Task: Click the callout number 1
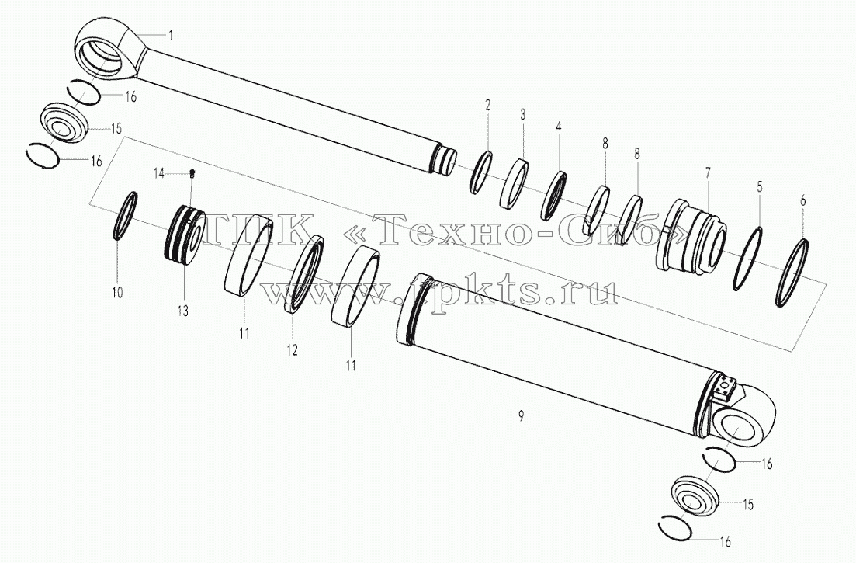[170, 36]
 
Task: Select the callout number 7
[708, 174]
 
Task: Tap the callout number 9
[522, 415]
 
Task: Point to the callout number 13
[182, 311]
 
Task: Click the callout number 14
[158, 174]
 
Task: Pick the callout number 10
[117, 292]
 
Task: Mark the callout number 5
[759, 186]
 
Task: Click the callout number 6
[802, 200]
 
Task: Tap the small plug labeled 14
[192, 174]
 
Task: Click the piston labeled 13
[185, 235]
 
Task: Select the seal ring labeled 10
[125, 216]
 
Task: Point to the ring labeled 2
[480, 172]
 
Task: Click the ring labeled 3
[515, 183]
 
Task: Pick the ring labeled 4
[553, 196]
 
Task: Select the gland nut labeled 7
[691, 235]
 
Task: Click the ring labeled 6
[792, 272]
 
